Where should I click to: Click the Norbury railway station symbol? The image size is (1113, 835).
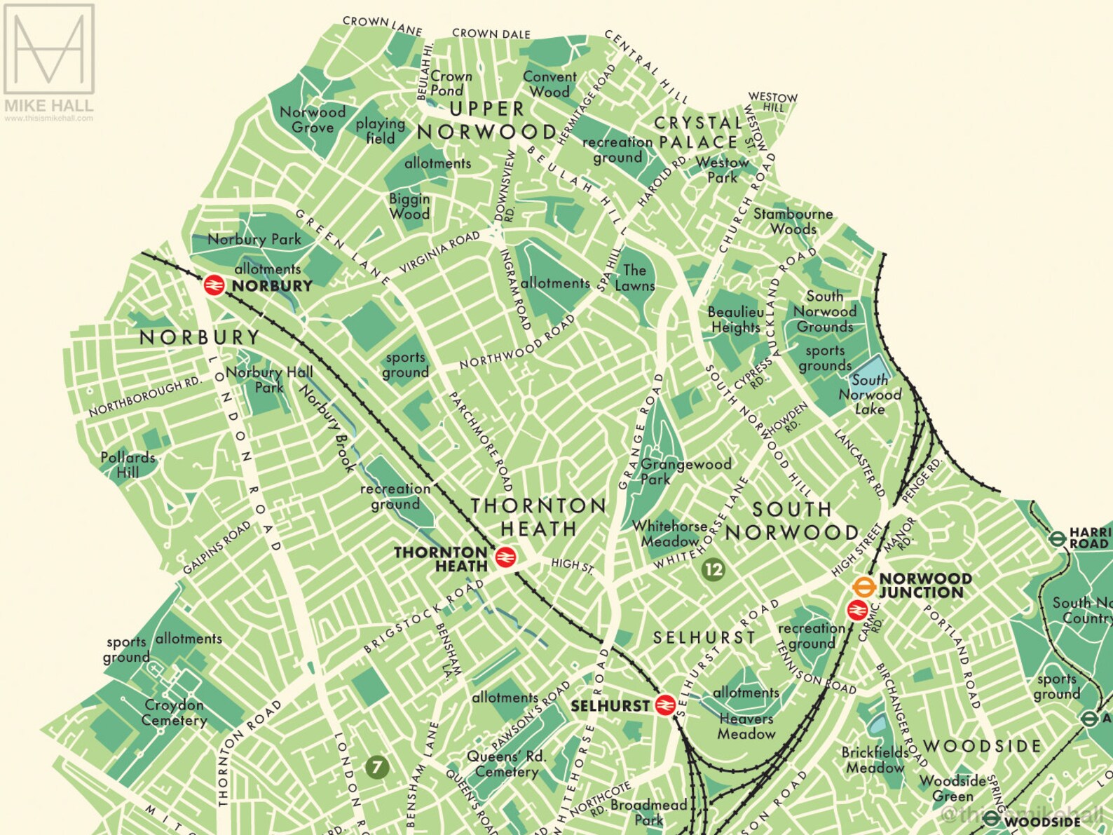pos(214,285)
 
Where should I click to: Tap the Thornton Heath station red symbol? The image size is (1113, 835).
pos(505,558)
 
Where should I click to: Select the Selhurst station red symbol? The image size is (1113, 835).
pos(665,705)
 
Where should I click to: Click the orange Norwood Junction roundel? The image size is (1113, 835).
pos(863,586)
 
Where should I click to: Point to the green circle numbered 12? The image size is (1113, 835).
pos(713,569)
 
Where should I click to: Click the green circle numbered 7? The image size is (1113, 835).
pos(377,766)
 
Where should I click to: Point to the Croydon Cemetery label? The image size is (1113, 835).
pos(174,712)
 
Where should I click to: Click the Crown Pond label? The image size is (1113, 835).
pos(450,83)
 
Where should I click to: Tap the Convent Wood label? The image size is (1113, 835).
pos(549,84)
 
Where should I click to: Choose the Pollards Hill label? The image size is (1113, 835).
pos(128,465)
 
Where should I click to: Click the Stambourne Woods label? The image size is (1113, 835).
pos(793,222)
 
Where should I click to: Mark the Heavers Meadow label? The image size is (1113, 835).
pos(746,726)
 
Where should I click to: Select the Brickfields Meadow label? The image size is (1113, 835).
pos(875,760)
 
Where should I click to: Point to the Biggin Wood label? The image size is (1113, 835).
pos(409,206)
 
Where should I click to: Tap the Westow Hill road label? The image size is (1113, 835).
pos(773,102)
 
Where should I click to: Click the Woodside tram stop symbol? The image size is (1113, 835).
pos(991,820)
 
